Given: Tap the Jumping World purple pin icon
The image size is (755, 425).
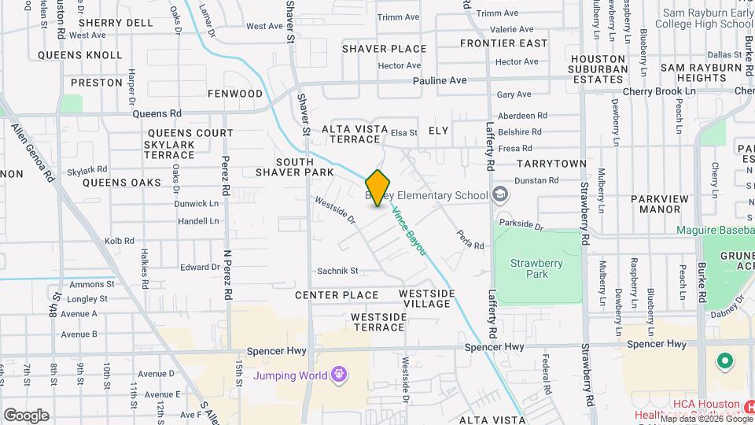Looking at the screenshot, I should coord(339,374).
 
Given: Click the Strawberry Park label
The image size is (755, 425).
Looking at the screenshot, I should coord(528,269).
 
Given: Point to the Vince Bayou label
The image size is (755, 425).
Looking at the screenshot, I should coord(409,231).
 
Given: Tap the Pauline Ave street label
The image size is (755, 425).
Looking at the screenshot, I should coord(440,81).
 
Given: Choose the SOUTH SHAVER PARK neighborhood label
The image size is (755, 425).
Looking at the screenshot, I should coord(304,166).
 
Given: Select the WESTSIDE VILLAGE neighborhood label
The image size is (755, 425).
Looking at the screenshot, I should coord(426,298).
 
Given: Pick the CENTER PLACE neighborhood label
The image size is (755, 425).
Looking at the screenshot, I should coord(337,295).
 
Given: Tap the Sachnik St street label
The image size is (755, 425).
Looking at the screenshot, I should coord(337,271).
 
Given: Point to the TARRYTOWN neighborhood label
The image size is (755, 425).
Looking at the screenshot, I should coord(551,164).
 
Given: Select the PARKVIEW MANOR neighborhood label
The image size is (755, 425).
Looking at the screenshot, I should coord(649,204).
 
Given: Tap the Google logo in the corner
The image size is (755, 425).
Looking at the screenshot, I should coord(26,415).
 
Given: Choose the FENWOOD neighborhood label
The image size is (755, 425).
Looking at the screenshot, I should coord(234,94).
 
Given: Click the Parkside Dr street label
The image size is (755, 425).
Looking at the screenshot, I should coord(521,226).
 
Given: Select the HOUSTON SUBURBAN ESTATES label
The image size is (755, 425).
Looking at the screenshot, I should coord(598,68).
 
